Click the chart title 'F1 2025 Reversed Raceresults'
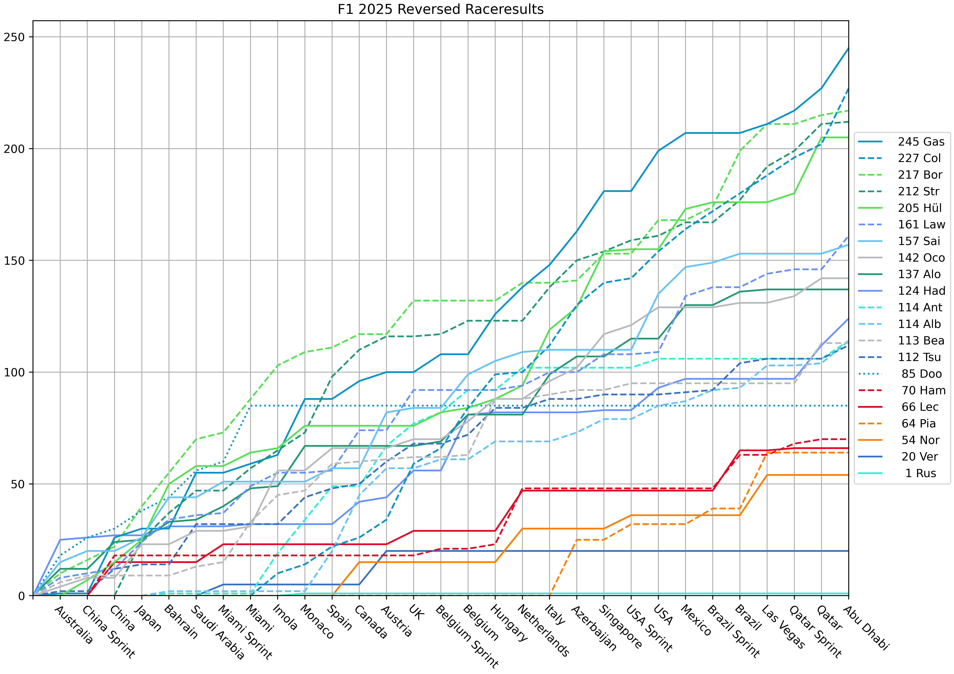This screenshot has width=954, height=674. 440,9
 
